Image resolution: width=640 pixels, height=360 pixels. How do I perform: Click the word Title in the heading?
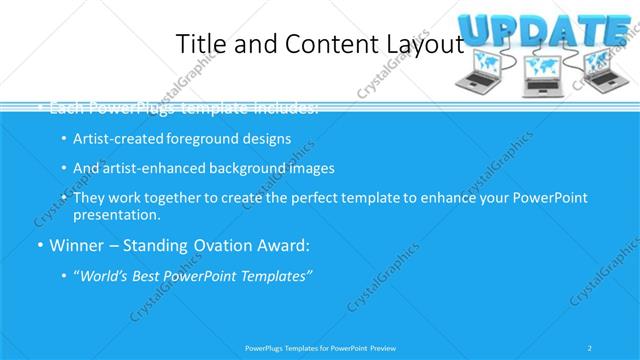point(198,44)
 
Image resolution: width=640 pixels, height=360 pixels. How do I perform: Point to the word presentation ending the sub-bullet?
point(115,214)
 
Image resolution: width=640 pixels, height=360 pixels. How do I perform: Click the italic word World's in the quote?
point(103,276)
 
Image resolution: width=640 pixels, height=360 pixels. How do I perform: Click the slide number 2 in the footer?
point(591,347)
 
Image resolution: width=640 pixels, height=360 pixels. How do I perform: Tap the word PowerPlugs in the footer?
point(266,347)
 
